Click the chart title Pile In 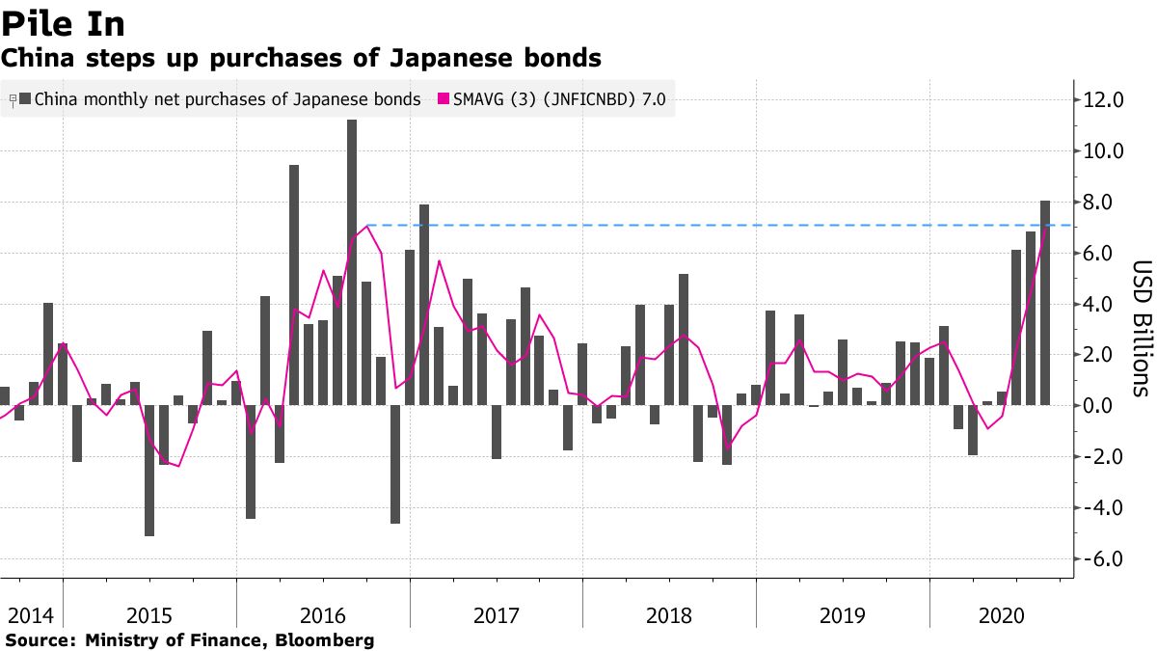63,23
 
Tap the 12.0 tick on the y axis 1103,99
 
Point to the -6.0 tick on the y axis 1103,559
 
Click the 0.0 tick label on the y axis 1103,406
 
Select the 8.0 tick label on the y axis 1103,202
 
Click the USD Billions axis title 1141,328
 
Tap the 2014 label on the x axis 31,615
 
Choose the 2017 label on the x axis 497,615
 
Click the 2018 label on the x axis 669,615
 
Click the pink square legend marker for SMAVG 444,98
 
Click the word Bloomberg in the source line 327,640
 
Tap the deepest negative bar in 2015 149,470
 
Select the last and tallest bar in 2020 1045,303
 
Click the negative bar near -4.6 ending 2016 395,464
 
